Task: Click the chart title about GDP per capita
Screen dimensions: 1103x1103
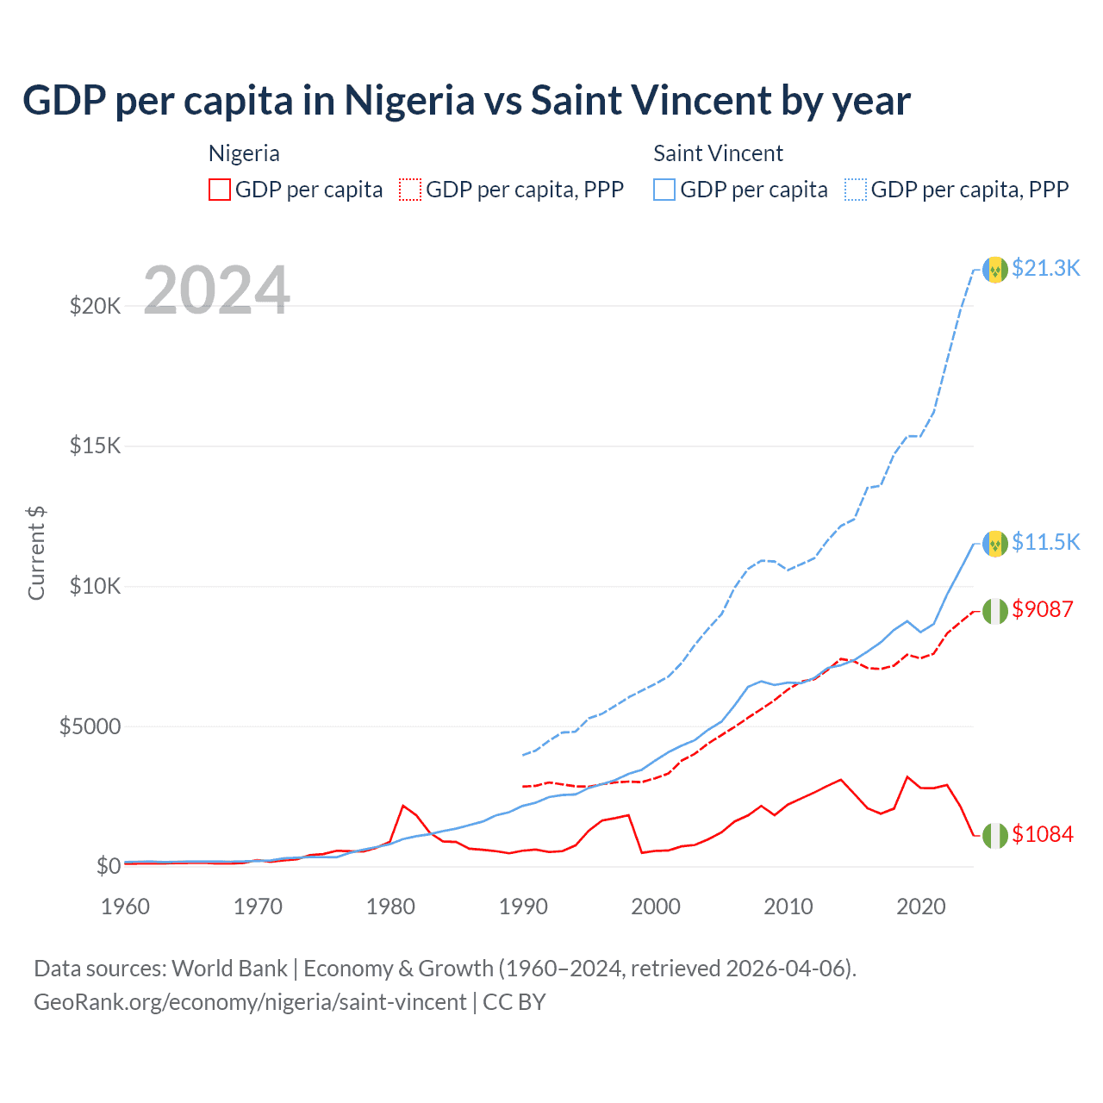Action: coord(466,101)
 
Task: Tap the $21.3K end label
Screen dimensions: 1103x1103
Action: coord(1045,268)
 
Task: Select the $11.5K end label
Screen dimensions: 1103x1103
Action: coord(1045,542)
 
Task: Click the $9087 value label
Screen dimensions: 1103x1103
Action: coord(1043,609)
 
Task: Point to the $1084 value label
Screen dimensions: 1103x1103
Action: coord(1043,834)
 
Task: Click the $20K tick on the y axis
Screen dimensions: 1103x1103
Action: coord(95,306)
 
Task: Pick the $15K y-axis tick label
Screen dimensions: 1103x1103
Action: coord(95,446)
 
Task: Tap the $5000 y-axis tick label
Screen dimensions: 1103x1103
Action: coord(90,726)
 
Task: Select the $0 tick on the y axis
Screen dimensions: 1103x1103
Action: coord(108,866)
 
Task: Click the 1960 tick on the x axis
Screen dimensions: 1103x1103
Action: coord(126,907)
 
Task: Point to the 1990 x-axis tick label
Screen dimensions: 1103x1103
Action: coord(523,907)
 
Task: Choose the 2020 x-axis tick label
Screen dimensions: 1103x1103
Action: coord(921,907)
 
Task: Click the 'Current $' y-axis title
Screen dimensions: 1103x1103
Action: coord(36,553)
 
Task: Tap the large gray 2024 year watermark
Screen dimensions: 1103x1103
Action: coord(216,290)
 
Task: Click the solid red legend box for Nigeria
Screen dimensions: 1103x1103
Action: coord(220,190)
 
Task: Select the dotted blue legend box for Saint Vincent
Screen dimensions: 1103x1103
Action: coord(856,190)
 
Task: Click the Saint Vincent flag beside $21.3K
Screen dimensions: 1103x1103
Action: coord(995,270)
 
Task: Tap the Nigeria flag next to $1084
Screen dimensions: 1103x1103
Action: coord(995,835)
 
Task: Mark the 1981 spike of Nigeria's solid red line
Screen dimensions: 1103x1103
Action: coord(403,806)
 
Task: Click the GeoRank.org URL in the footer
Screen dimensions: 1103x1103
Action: coord(250,1002)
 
